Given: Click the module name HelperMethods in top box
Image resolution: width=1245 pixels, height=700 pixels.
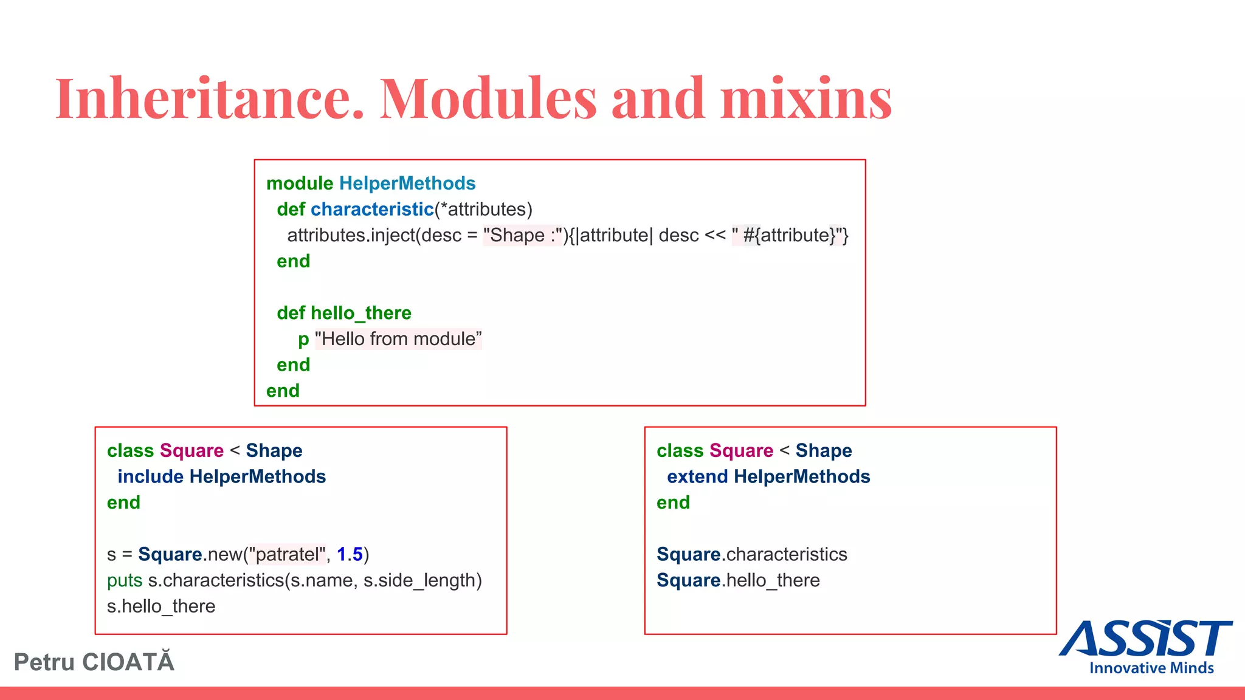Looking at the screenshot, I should pos(407,184).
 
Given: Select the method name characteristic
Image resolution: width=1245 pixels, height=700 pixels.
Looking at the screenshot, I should pos(372,210).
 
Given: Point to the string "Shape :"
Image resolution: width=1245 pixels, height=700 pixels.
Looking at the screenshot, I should pos(522,236).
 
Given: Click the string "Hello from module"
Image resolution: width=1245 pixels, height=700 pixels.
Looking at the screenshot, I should pos(398,339).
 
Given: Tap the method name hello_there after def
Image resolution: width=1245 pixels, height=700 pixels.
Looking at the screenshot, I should pos(361,313).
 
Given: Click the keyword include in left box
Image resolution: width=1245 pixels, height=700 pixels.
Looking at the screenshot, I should pos(150,477).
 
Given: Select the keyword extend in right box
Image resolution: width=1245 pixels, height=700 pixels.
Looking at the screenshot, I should pos(697,477).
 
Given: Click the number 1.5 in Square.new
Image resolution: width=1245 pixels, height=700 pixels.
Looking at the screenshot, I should pos(350,555).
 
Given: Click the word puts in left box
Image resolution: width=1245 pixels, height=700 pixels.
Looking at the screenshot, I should pos(125,581).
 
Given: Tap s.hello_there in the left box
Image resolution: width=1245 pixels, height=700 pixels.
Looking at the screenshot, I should pos(161,606).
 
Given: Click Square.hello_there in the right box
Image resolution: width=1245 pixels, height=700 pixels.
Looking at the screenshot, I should pos(738,581).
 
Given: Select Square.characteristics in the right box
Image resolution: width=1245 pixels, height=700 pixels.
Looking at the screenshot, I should pos(751,555).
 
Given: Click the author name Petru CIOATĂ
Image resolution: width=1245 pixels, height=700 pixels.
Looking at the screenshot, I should pos(94,662).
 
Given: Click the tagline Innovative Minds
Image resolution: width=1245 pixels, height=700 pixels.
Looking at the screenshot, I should pos(1151,668).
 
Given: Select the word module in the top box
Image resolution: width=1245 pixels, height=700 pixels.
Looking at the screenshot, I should pos(300,184).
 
